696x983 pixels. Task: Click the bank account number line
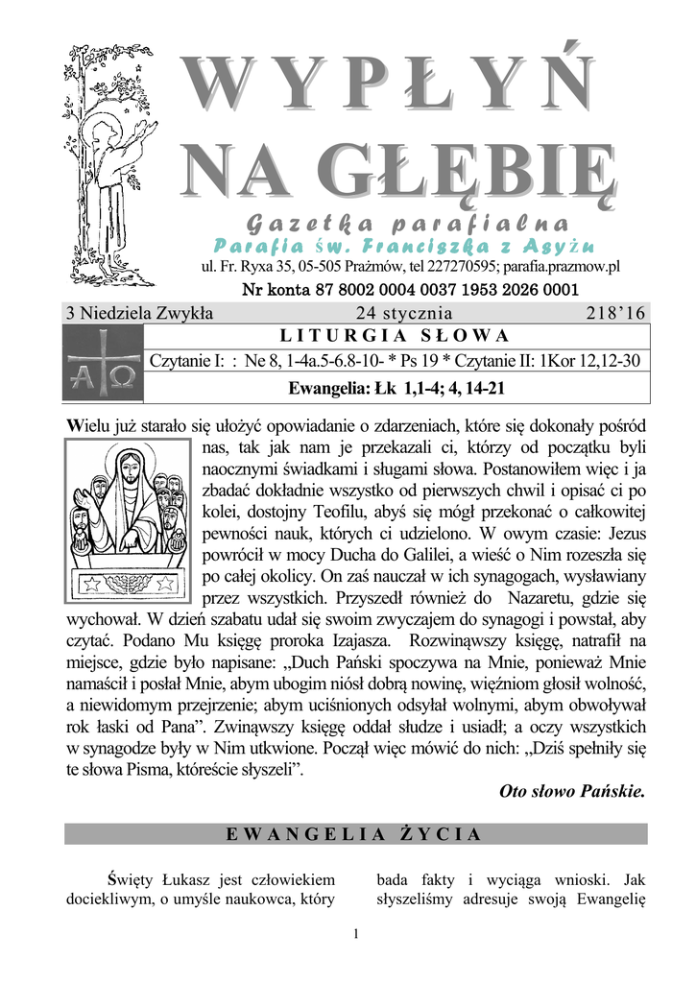pyautogui.click(x=410, y=290)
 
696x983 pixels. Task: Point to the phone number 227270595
pyautogui.click(x=457, y=267)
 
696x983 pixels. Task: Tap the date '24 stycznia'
pyautogui.click(x=404, y=313)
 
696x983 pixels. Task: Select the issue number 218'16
pyautogui.click(x=615, y=313)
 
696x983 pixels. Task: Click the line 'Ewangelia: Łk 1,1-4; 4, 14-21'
pyautogui.click(x=396, y=389)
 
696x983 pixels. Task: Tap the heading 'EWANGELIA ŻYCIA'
pyautogui.click(x=355, y=833)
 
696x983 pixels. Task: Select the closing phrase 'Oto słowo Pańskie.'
pyautogui.click(x=573, y=792)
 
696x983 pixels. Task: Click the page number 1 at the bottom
pyautogui.click(x=355, y=933)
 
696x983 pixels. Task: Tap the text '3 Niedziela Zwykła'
pyautogui.click(x=139, y=313)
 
